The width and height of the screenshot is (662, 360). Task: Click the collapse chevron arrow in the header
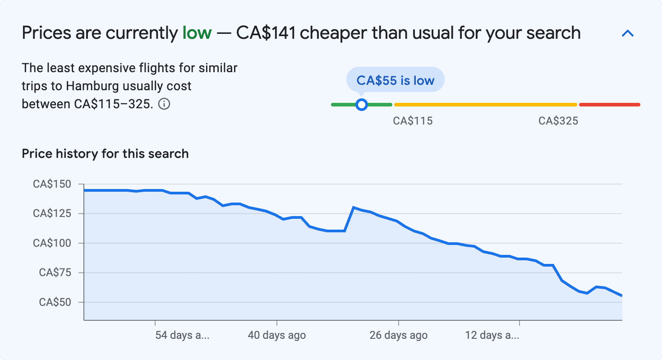(x=628, y=33)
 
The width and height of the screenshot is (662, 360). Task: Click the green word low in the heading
(x=197, y=33)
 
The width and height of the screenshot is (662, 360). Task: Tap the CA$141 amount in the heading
(x=266, y=33)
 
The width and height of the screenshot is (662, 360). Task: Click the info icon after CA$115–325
(x=165, y=104)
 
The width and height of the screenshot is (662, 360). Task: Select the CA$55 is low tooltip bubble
(x=395, y=80)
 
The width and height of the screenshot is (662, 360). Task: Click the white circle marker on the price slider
(x=361, y=105)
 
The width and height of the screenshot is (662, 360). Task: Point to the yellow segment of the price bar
(x=485, y=105)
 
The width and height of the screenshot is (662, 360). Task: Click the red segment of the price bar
(x=609, y=105)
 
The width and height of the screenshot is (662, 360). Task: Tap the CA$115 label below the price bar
(x=413, y=121)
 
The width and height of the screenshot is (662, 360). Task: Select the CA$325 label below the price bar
(x=558, y=121)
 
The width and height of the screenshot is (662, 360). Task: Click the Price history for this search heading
(x=105, y=154)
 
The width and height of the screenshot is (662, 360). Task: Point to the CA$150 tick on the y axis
(x=52, y=184)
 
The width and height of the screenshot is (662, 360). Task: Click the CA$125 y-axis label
(x=52, y=213)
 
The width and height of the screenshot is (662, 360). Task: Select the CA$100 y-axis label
(x=52, y=243)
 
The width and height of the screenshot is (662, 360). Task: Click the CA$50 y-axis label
(x=55, y=302)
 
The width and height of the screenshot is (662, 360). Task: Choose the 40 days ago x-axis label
(x=276, y=335)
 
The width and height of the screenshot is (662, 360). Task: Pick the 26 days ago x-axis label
(x=398, y=335)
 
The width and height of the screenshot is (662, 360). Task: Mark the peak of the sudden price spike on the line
(x=354, y=208)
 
